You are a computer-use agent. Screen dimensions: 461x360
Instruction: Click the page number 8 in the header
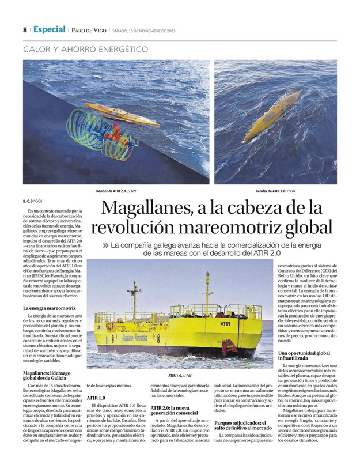point(25,30)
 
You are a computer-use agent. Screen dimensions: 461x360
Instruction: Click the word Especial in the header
point(49,29)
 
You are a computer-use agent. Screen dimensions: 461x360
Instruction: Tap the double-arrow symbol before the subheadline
point(105,245)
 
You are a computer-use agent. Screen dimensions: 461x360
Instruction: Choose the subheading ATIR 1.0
point(96,398)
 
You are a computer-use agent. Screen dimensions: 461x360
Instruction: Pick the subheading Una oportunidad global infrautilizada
point(304,355)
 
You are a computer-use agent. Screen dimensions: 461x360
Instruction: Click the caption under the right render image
point(275,191)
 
